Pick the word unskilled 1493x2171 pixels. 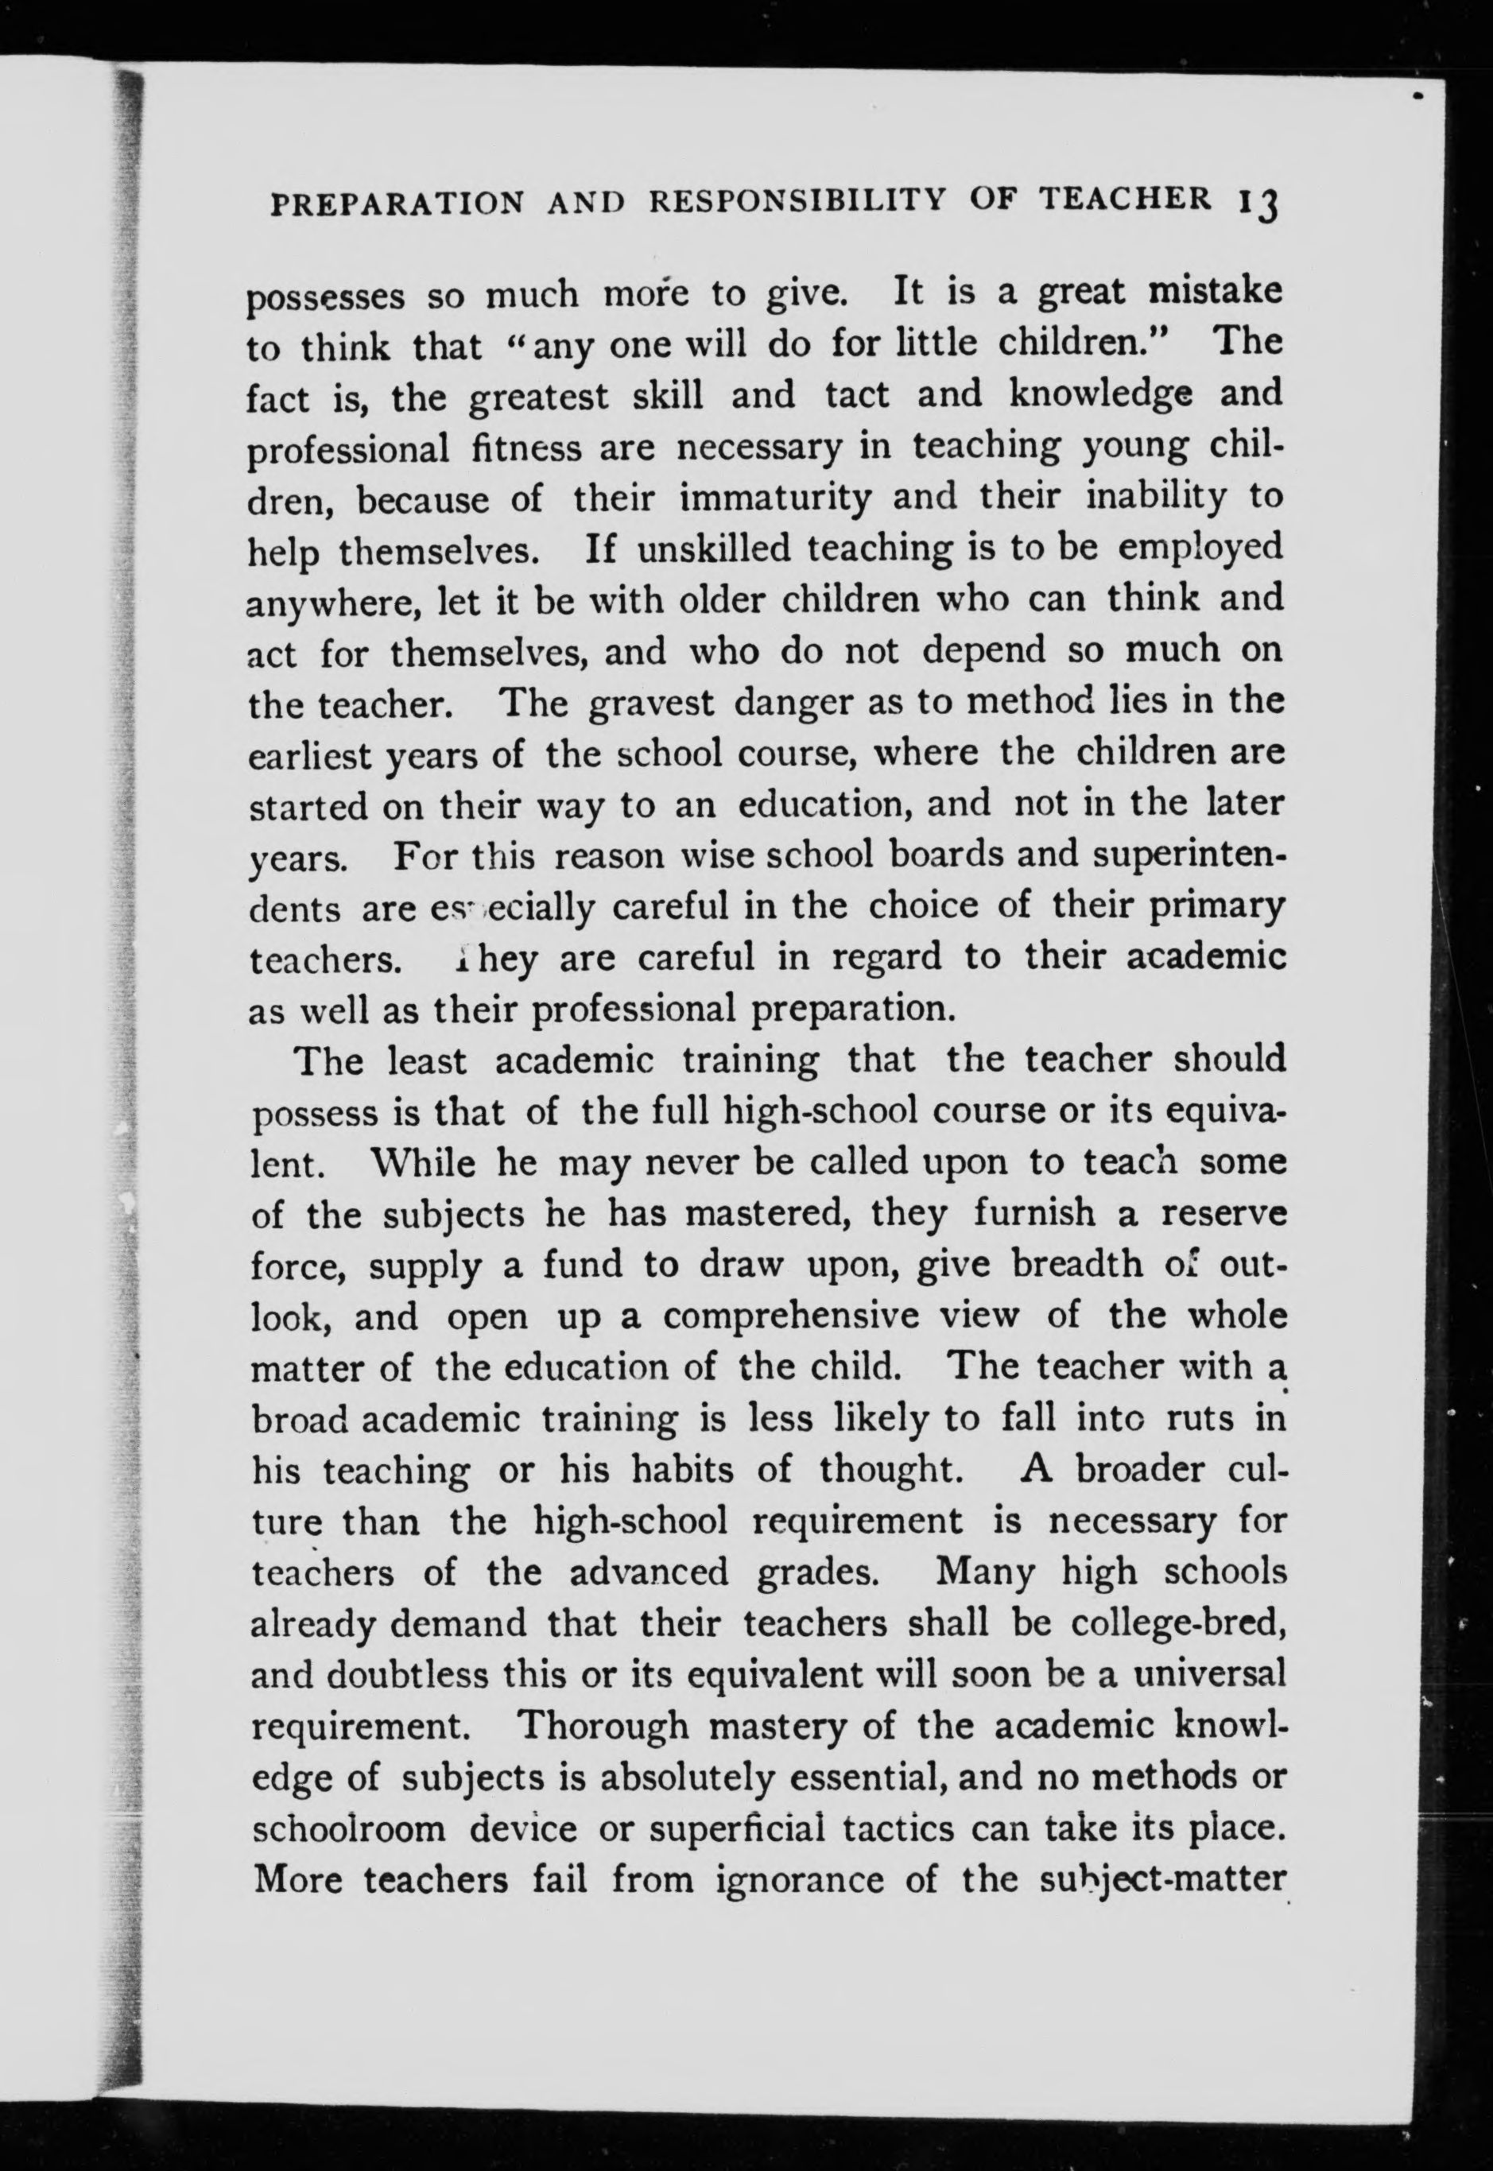714,547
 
